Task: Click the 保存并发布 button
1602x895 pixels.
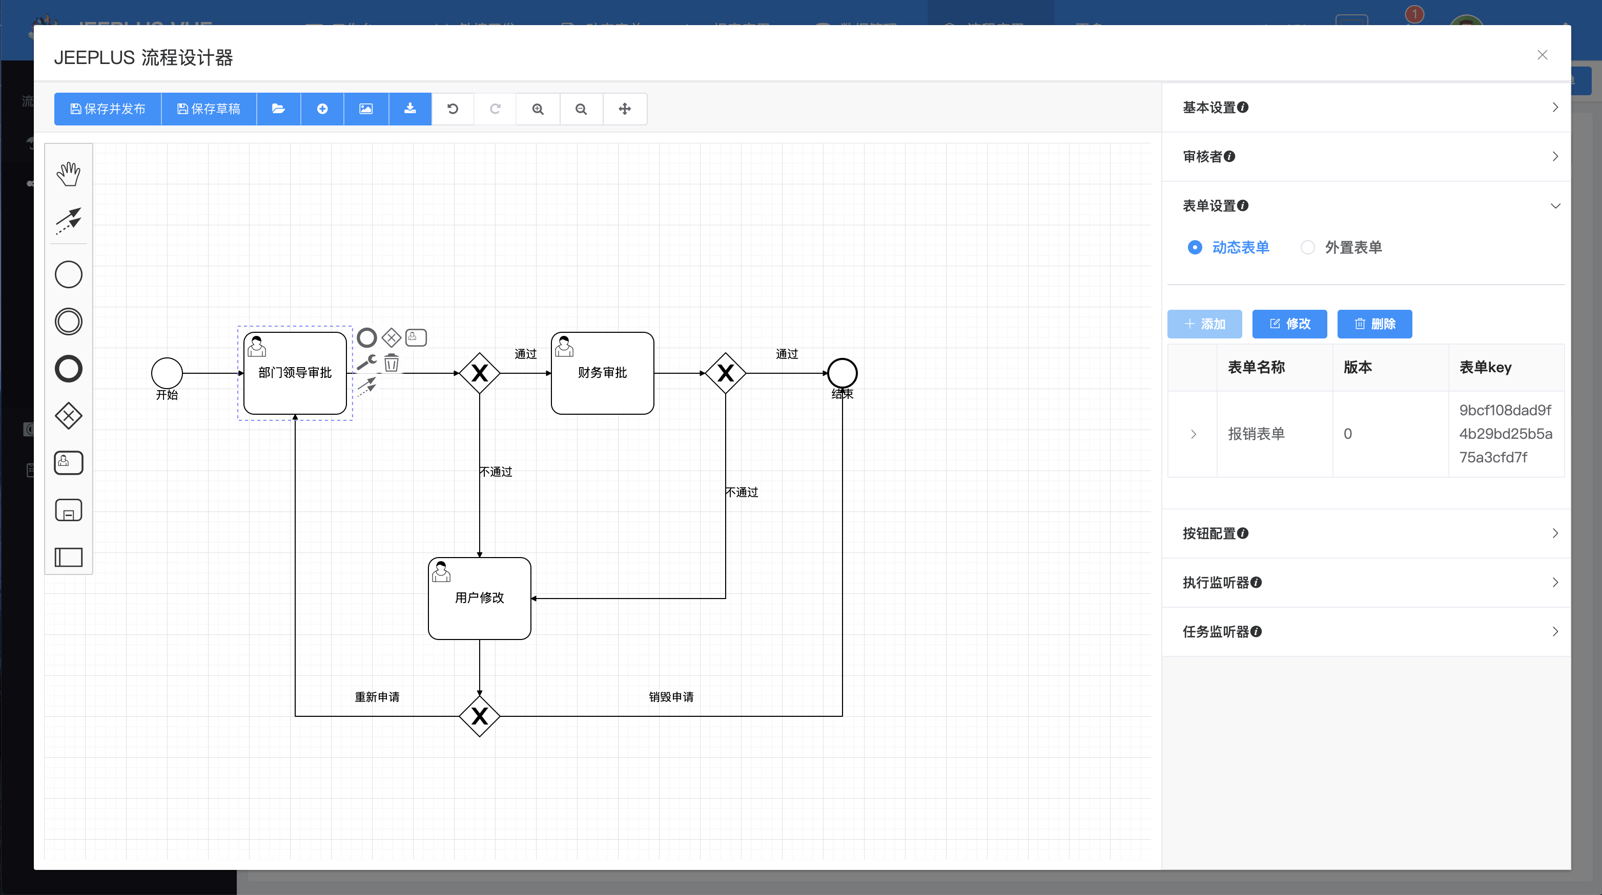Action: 108,109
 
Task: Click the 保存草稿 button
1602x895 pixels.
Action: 209,109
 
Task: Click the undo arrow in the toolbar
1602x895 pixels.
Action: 453,109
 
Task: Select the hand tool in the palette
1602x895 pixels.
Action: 68,174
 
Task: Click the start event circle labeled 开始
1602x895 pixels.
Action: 167,373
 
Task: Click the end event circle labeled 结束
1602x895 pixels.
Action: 842,373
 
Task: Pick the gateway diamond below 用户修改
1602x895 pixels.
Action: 479,716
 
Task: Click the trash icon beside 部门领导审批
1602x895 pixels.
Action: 391,363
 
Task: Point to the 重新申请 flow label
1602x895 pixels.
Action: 377,697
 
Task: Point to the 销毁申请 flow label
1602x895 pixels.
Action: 671,697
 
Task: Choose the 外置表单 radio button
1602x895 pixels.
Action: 1307,247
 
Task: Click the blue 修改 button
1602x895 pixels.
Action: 1289,324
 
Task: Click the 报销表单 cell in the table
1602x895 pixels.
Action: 1256,434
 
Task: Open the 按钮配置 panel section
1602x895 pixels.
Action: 1365,534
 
